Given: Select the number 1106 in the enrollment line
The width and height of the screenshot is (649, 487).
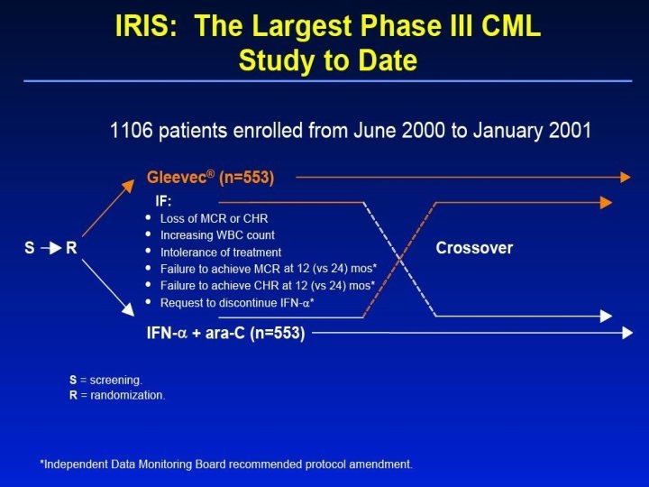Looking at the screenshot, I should (132, 131).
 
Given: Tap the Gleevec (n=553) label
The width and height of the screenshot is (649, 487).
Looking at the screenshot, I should (210, 177).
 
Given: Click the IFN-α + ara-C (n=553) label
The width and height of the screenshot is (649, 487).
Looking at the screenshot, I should (225, 333).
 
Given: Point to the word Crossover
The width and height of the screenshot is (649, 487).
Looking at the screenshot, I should (475, 248).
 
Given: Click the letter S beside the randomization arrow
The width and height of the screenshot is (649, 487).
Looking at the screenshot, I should (29, 248).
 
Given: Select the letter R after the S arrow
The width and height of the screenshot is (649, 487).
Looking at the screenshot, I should (71, 248).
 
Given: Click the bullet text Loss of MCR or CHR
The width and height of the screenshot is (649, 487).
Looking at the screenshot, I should (214, 218).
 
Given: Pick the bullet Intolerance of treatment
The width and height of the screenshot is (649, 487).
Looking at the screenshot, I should (220, 253).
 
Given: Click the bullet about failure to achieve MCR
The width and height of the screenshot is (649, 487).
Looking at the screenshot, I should (268, 270).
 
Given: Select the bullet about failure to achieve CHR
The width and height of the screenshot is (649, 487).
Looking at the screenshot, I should (268, 286).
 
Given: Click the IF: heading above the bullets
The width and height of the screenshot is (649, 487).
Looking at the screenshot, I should (165, 201).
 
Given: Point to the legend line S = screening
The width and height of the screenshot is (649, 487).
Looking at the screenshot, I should (105, 380).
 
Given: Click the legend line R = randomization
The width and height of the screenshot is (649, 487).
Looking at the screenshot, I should (117, 395).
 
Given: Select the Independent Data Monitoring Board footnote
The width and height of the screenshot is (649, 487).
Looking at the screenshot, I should (226, 464).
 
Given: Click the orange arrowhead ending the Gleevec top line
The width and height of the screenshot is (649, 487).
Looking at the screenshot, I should (625, 178).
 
